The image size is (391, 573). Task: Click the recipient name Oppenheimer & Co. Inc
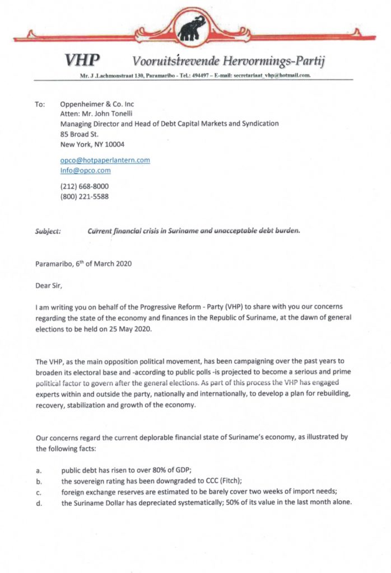(96, 104)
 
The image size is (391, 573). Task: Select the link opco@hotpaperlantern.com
(105, 160)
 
